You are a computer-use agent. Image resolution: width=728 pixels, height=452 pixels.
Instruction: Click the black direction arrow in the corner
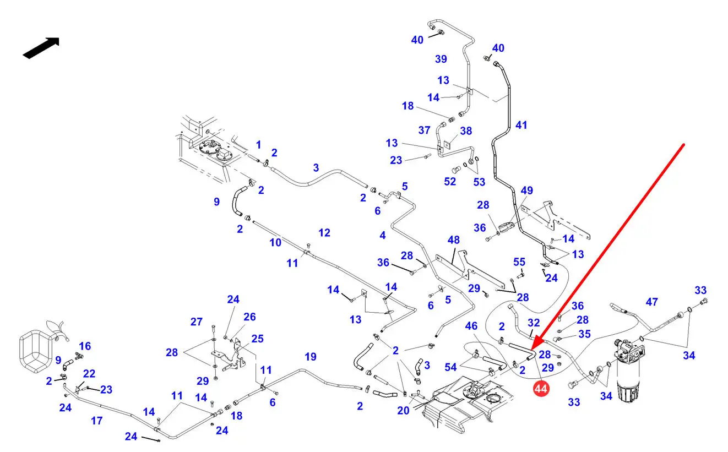(41, 47)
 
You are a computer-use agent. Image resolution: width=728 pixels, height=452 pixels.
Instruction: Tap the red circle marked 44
(541, 389)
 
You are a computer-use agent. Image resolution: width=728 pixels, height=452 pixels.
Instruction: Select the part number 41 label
(521, 125)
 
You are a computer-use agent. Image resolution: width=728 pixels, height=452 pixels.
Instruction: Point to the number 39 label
(441, 59)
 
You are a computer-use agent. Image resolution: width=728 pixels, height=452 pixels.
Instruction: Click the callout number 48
(453, 241)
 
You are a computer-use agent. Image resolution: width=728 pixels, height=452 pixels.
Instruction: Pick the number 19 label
(311, 357)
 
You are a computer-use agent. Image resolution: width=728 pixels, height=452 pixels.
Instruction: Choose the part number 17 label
(97, 421)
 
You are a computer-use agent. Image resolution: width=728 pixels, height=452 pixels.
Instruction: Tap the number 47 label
(652, 302)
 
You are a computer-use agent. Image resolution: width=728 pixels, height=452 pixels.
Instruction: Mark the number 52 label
(450, 181)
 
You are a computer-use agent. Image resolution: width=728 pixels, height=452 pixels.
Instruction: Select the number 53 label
(479, 181)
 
